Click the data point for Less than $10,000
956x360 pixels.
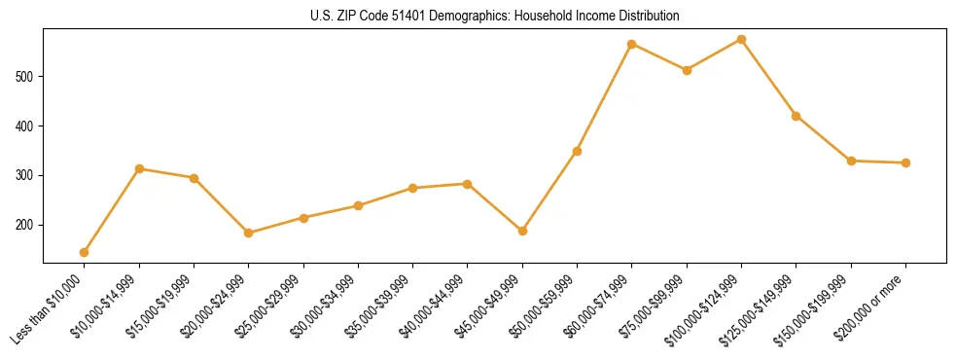[85, 252]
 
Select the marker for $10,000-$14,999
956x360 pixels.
[139, 169]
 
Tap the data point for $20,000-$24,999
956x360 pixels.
[249, 233]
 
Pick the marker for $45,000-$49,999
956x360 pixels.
[522, 231]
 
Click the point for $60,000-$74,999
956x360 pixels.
[632, 44]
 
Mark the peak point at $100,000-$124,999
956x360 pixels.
[741, 39]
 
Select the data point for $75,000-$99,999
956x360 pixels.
[687, 70]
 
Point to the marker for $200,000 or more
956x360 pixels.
[905, 162]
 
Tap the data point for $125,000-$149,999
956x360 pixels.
[797, 116]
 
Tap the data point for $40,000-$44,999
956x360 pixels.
[468, 184]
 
